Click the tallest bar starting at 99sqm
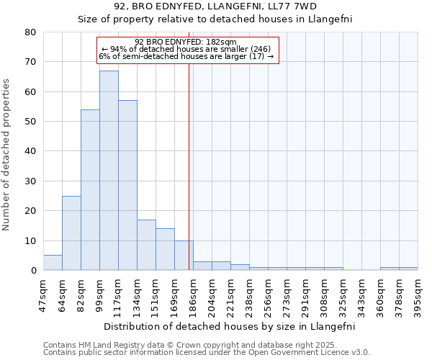pos(109,171)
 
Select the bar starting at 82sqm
pos(90,190)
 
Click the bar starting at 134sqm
pos(146,245)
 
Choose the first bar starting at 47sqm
pos(53,263)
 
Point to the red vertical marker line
pos(189,166)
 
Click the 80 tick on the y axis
pos(30,32)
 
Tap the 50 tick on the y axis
pos(30,122)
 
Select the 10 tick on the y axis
pos(30,240)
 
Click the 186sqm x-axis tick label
pos(192,294)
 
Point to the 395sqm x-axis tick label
pos(418,294)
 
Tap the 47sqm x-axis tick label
pos(43,294)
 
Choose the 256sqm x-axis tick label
pos(268,294)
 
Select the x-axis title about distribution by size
pos(230,326)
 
